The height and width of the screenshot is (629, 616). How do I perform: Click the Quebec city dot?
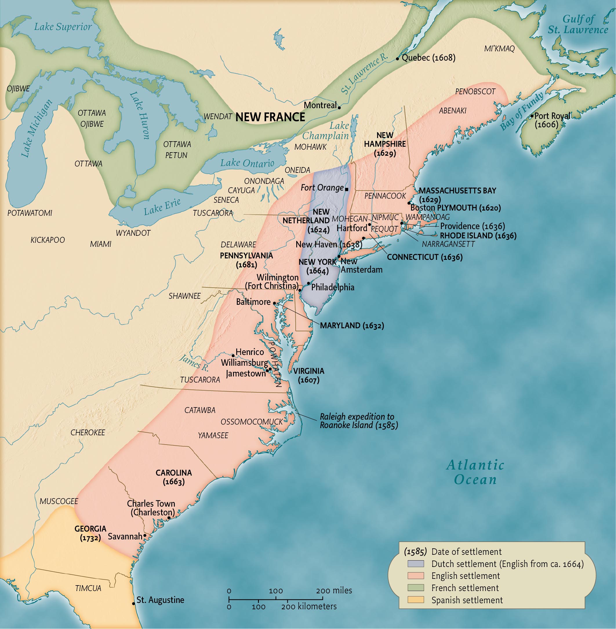click(x=398, y=59)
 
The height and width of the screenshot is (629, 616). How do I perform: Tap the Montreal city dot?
click(x=339, y=107)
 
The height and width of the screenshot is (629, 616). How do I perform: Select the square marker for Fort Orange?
click(x=346, y=189)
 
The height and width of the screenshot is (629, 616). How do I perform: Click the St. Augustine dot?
click(x=133, y=604)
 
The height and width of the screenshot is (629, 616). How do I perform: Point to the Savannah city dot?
click(x=145, y=535)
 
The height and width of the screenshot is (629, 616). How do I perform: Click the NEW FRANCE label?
click(x=270, y=117)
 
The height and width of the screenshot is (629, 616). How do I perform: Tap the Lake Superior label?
click(x=63, y=27)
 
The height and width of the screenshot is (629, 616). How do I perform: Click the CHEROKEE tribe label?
click(x=88, y=432)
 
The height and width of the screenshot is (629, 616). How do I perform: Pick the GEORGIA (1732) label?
click(x=90, y=533)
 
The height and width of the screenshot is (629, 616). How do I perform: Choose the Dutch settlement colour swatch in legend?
click(x=416, y=564)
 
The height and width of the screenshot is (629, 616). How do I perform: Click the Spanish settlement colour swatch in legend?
click(x=416, y=600)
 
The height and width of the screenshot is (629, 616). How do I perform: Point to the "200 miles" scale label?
click(x=334, y=590)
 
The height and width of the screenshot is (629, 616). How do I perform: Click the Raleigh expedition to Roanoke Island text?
click(x=359, y=421)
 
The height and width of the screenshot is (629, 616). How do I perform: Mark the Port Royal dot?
click(x=532, y=116)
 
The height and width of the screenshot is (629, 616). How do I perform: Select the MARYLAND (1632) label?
click(x=352, y=325)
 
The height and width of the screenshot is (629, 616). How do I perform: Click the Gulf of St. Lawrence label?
click(x=578, y=24)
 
